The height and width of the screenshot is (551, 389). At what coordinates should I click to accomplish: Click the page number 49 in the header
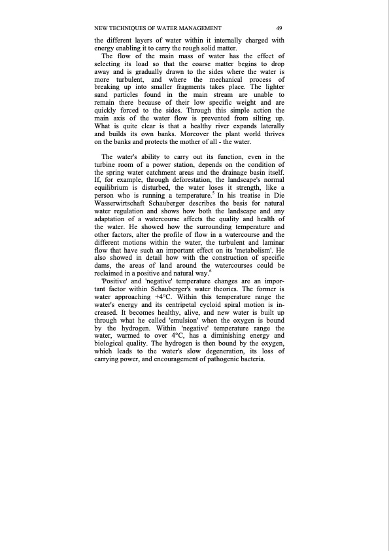tap(279, 28)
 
